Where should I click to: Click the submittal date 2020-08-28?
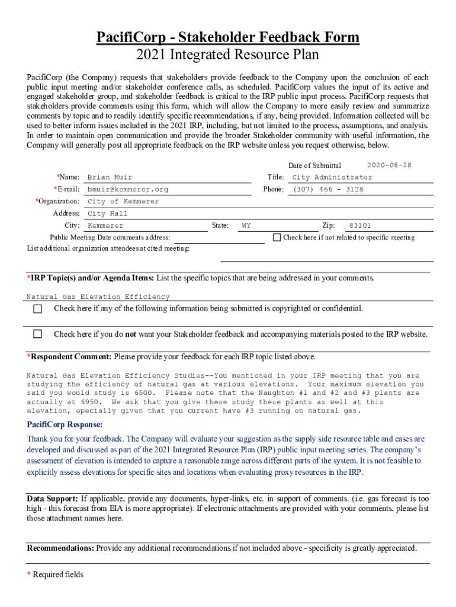click(389, 165)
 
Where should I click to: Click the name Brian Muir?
click(110, 177)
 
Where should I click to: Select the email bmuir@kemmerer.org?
click(127, 190)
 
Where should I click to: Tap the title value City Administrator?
click(332, 177)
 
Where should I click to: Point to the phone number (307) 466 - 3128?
click(327, 190)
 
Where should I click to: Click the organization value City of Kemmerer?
click(123, 202)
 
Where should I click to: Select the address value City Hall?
click(107, 213)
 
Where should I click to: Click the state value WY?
click(246, 226)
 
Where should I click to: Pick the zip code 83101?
click(360, 226)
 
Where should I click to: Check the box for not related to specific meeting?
click(277, 237)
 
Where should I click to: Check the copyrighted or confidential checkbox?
click(38, 309)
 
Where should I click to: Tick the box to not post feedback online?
click(38, 334)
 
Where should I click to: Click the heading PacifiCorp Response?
click(65, 424)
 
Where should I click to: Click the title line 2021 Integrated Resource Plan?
click(228, 55)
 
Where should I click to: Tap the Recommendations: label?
click(60, 548)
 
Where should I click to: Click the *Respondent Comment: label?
click(69, 357)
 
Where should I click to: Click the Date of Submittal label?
click(314, 165)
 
